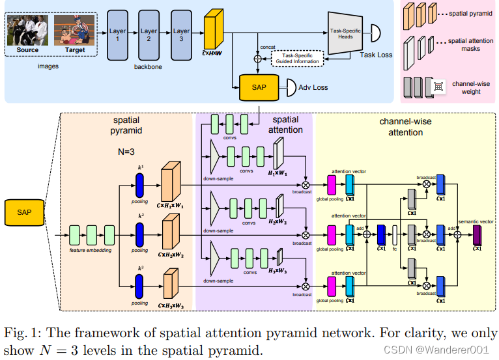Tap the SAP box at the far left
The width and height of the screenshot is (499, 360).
[24, 212]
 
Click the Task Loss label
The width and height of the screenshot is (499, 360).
[376, 55]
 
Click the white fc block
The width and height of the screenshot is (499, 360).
[395, 233]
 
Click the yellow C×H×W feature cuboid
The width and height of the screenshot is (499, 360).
[214, 29]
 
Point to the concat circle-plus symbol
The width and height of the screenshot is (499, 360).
[257, 59]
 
